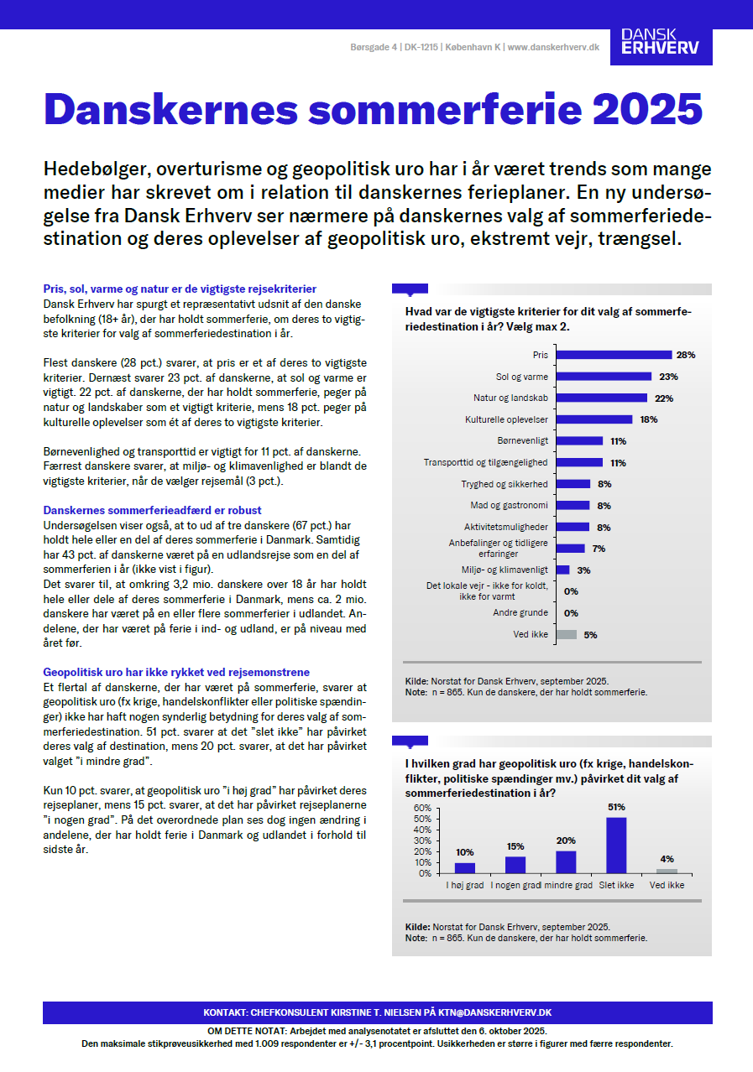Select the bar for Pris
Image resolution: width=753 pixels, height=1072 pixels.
click(614, 355)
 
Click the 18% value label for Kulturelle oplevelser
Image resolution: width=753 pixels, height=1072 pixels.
click(647, 419)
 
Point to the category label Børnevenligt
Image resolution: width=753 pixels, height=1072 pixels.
click(523, 441)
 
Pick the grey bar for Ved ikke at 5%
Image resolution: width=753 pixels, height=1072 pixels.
click(567, 635)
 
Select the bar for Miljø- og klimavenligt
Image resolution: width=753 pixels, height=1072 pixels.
click(563, 570)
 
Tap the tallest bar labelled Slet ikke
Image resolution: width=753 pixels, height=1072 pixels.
click(616, 845)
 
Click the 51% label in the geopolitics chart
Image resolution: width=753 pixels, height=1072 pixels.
click(616, 807)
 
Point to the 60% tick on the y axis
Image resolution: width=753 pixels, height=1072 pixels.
click(421, 807)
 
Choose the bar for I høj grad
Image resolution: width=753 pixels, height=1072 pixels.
click(464, 867)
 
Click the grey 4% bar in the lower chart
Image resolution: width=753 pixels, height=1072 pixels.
click(667, 871)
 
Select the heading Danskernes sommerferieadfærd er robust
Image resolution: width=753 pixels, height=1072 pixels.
click(152, 510)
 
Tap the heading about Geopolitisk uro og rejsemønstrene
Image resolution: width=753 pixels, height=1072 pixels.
click(176, 672)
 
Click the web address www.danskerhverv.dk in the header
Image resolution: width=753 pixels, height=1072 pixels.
click(553, 48)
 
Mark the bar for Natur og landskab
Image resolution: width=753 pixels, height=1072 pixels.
click(602, 398)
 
